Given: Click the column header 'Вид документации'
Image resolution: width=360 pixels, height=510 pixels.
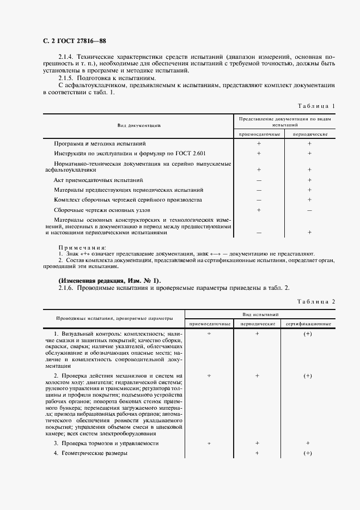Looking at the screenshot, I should point(138,126).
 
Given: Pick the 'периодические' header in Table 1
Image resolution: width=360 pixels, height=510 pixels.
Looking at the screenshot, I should point(309,134).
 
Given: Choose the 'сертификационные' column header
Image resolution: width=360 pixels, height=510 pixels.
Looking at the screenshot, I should point(308,324).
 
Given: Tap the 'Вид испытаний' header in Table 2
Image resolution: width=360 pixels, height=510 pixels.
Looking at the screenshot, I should point(259,314).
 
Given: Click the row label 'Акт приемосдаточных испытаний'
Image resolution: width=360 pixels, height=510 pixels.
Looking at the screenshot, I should point(99,180).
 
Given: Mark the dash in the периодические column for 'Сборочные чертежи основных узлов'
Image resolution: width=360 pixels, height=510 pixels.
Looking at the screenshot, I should point(309,210).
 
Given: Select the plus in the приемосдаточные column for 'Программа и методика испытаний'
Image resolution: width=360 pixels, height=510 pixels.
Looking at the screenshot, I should point(259,143).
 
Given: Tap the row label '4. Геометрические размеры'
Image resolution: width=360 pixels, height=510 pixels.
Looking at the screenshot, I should point(91,453).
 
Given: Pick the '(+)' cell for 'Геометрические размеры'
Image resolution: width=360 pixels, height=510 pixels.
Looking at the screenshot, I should point(308,453).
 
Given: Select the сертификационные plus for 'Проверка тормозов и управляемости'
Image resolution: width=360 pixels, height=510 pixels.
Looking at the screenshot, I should point(308,444).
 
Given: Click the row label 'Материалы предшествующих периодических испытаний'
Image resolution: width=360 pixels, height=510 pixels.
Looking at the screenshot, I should point(129,190).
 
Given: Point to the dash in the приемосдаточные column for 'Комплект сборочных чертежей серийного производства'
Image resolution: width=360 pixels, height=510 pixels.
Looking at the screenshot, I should point(259,200).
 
